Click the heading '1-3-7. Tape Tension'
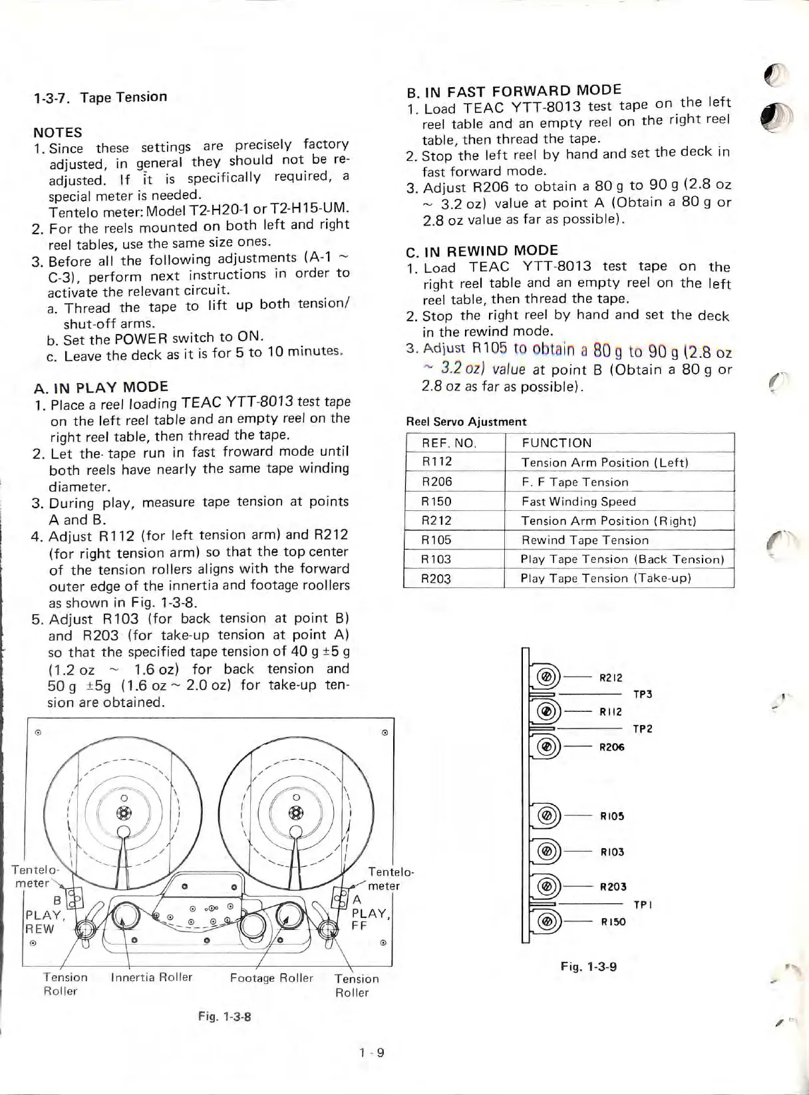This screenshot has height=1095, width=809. coord(100,98)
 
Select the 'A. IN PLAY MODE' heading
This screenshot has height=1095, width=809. coord(100,387)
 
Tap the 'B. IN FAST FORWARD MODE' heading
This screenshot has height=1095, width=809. coord(514,91)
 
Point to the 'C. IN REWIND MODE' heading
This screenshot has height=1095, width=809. coord(482,251)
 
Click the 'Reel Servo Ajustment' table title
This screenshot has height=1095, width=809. coord(466,422)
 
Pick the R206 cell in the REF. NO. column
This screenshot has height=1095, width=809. coord(437,482)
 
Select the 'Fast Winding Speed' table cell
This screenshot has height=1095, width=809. coord(578,502)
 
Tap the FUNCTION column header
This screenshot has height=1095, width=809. coord(556,443)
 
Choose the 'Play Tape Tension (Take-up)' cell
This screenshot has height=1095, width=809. coord(605,578)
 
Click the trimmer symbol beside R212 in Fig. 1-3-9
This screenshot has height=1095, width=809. coord(546,677)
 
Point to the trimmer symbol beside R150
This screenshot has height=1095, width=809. coord(546,921)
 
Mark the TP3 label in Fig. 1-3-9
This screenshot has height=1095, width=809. coord(642,695)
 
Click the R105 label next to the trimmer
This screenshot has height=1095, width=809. coord(611,816)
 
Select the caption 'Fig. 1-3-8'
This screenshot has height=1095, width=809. coord(224,1017)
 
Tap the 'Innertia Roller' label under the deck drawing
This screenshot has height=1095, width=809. coord(151,977)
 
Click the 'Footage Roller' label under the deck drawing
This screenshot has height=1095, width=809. coord(271,978)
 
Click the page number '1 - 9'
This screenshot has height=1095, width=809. coord(371,1052)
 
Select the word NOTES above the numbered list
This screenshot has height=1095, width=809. coord(58,132)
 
